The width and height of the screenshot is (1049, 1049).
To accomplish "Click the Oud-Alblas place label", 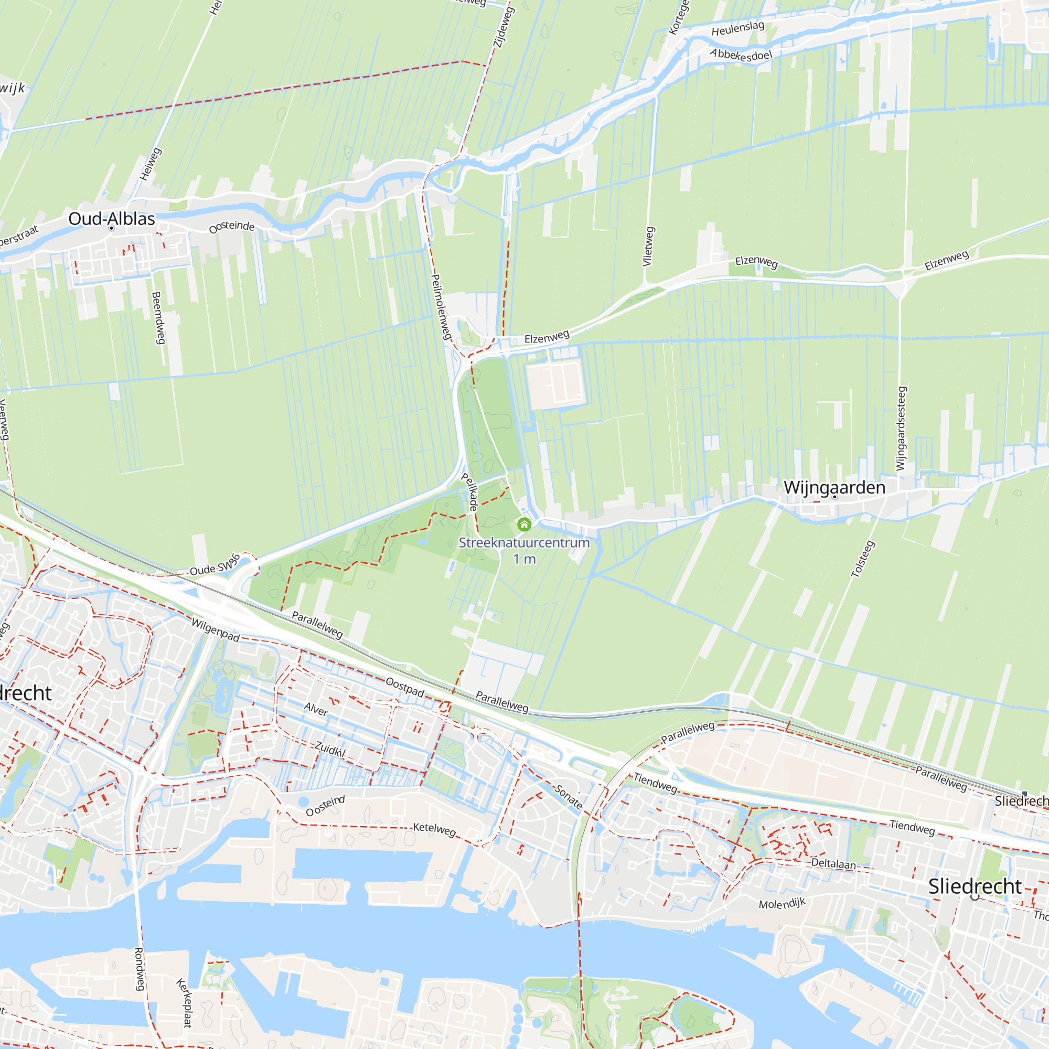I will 111,219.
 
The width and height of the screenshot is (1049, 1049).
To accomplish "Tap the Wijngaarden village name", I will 834,487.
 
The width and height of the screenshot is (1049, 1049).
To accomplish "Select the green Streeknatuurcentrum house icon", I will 524,524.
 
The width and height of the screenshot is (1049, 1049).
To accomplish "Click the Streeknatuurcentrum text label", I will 524,542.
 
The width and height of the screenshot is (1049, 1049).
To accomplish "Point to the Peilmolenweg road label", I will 441,307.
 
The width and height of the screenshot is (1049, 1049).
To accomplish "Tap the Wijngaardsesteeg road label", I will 901,429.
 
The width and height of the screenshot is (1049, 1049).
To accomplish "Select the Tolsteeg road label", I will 863,559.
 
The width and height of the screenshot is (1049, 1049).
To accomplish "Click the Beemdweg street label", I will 157,318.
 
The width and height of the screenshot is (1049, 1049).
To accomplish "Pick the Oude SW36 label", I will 215,566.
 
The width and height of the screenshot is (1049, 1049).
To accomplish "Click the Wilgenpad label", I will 216,630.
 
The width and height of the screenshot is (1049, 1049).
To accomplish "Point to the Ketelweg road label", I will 434,829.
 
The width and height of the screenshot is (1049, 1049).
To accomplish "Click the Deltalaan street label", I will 833,863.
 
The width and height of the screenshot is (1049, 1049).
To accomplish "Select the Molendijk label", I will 782,904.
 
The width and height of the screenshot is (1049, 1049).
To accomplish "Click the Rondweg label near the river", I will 140,969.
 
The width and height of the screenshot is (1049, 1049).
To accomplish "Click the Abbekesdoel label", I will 741,55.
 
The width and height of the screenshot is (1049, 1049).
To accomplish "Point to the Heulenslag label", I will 737,28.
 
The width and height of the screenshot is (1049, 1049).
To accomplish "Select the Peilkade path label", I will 469,492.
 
